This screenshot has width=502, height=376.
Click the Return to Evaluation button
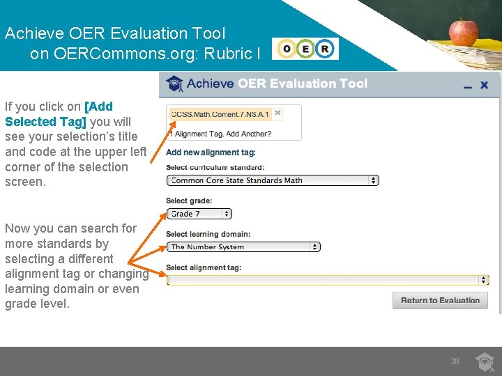(440, 301)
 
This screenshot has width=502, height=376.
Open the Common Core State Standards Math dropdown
(273, 180)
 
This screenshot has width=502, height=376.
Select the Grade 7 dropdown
(199, 214)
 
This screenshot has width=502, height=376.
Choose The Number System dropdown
(243, 246)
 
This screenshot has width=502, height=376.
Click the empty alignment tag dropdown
(328, 280)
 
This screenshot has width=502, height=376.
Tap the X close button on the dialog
(485, 85)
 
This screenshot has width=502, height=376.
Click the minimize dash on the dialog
(466, 86)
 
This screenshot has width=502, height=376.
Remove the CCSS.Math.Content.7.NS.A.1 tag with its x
(277, 112)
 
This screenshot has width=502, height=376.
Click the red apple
(463, 31)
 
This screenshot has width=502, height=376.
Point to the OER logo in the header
(305, 49)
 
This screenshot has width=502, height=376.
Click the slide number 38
(455, 361)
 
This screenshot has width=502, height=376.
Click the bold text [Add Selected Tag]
(59, 114)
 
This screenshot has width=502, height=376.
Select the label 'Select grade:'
(189, 201)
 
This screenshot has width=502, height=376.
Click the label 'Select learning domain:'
(208, 234)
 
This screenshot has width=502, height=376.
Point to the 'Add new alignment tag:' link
(211, 152)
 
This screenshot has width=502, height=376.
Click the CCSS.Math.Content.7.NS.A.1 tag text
(220, 113)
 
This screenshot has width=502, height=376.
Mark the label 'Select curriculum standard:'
(215, 167)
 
